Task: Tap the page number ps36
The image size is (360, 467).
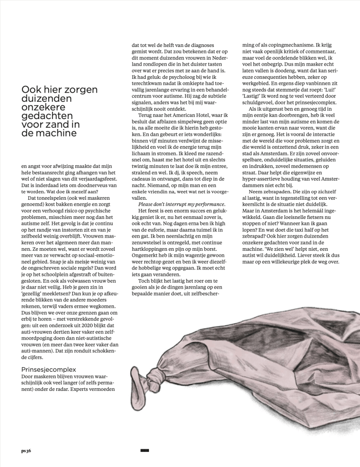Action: pos(26,451)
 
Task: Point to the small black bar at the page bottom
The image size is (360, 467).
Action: pos(145,451)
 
